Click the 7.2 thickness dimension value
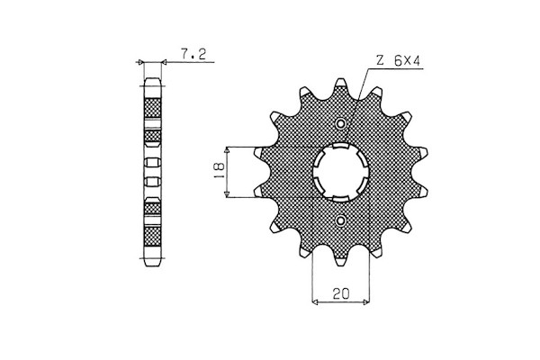coord(193,54)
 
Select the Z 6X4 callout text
coord(398,61)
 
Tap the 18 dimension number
coord(219,170)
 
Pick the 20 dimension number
coord(341,293)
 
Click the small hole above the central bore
coord(341,123)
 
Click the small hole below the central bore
coord(341,220)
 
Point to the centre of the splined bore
coord(341,172)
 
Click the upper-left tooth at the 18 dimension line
coord(258,152)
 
